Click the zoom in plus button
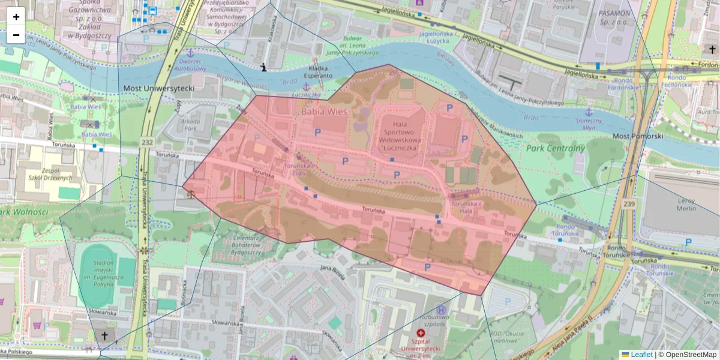(16, 17)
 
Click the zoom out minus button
(16, 35)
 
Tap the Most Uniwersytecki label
(159, 89)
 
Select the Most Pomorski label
(637, 136)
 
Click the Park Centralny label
(555, 149)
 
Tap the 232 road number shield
(147, 142)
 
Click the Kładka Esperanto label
(318, 72)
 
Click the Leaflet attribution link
(641, 355)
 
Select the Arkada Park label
(190, 124)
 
